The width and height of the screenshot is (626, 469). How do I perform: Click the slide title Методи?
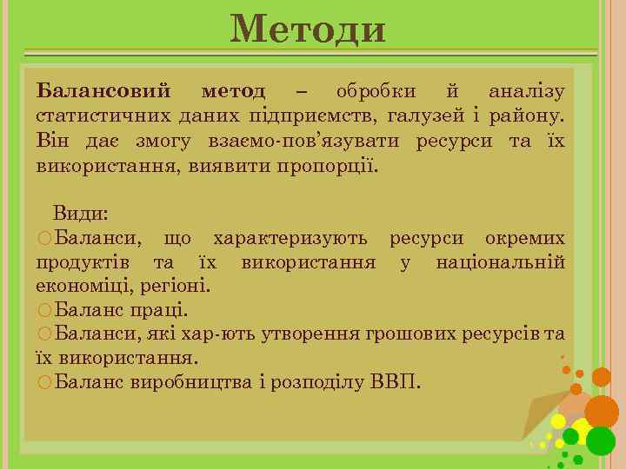308,30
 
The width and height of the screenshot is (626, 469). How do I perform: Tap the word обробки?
376,91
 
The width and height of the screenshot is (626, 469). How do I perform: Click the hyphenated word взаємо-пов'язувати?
305,140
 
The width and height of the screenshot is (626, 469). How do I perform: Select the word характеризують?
290,237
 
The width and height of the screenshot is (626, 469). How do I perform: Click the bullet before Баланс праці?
44,310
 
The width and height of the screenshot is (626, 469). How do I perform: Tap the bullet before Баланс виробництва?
44,382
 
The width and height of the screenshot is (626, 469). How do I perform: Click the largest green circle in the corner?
600,440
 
